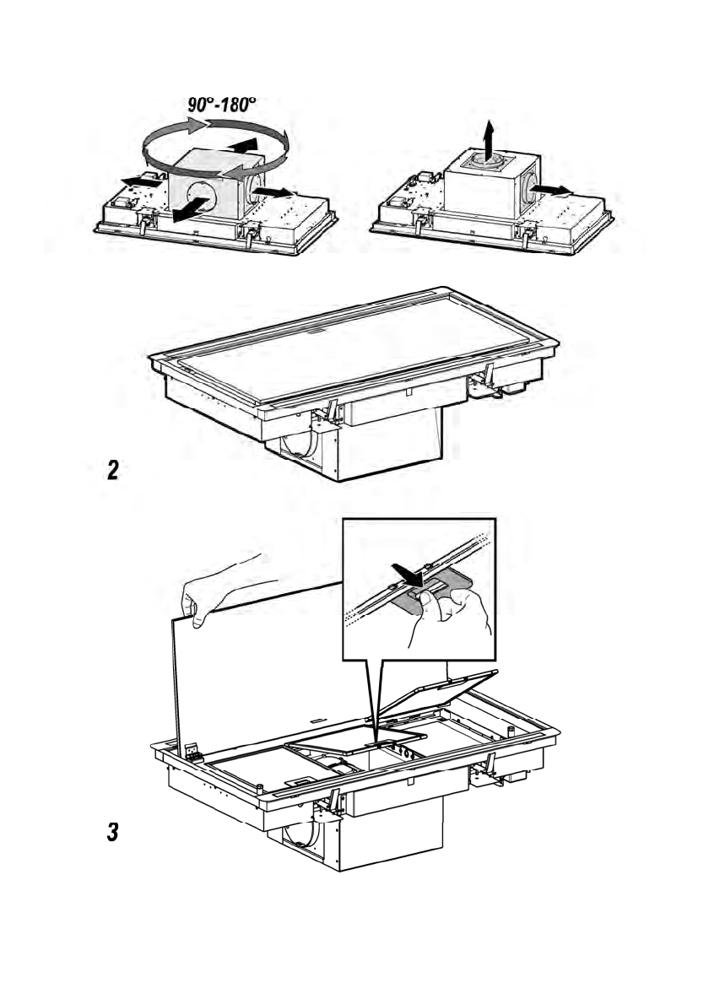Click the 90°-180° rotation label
click(222, 105)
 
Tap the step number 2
click(113, 471)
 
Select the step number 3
click(113, 833)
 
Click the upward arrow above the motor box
click(489, 139)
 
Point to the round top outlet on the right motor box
click(488, 160)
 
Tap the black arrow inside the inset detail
click(408, 574)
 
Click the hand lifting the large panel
click(221, 589)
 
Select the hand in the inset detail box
click(448, 618)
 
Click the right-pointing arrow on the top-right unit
click(553, 190)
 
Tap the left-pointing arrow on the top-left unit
click(141, 182)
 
